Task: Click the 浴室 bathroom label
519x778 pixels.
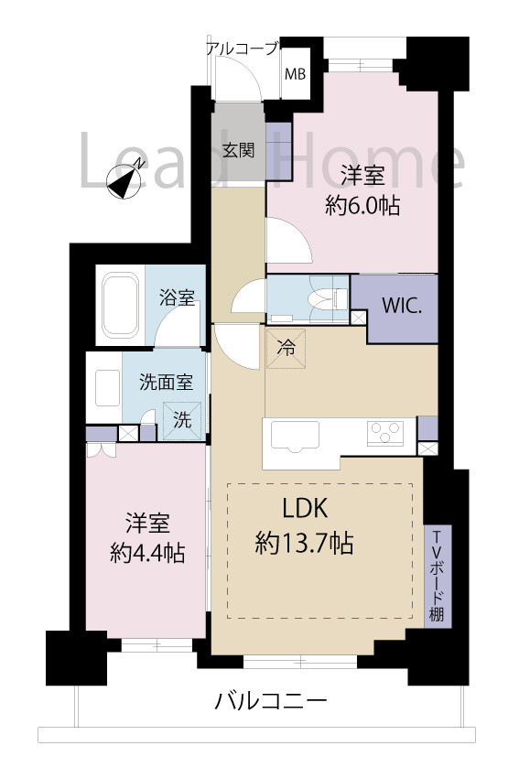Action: (x=176, y=298)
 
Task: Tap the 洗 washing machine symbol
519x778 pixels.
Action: (x=183, y=420)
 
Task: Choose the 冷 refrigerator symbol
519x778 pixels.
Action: (x=286, y=348)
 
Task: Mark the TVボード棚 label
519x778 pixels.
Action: (x=438, y=576)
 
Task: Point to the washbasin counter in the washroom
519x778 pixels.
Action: (x=103, y=388)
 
